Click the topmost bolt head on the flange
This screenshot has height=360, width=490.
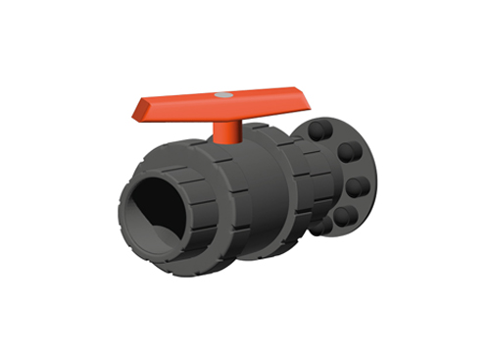tap(320, 130)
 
